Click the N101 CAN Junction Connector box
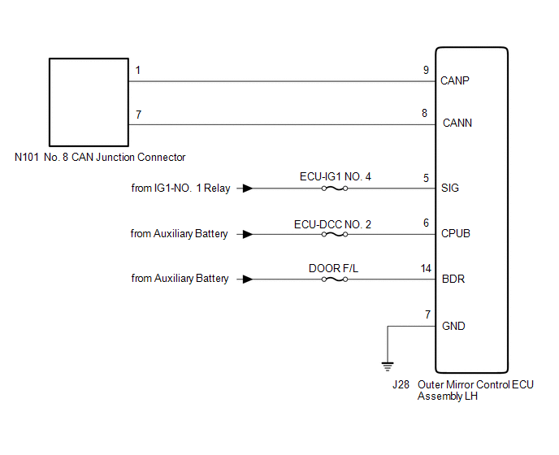(x=89, y=100)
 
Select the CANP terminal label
(x=455, y=81)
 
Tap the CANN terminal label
(x=457, y=124)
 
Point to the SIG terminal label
(x=449, y=188)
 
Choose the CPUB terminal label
(x=455, y=234)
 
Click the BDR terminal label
(x=452, y=279)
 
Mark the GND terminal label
(x=453, y=326)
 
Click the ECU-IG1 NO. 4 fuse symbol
(x=335, y=188)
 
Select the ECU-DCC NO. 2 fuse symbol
(x=335, y=234)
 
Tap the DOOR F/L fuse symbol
(x=335, y=279)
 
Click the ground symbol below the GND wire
(x=388, y=366)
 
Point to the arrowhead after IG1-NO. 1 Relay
(x=246, y=188)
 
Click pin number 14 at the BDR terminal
(x=425, y=268)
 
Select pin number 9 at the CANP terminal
(x=426, y=70)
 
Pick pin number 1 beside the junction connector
(x=138, y=71)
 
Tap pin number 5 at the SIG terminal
(x=426, y=177)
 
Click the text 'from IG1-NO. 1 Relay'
(x=180, y=188)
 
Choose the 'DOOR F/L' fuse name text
(x=334, y=267)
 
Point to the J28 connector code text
(x=401, y=384)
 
